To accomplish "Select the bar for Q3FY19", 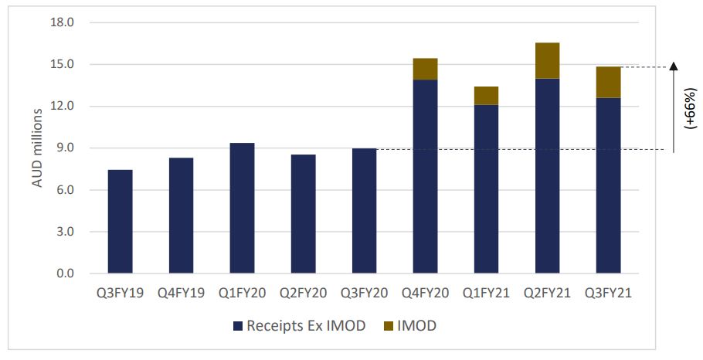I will click(120, 222).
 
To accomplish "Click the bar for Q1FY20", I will click(242, 209).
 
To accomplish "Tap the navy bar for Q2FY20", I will click(303, 214).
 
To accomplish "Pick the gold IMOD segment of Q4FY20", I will click(425, 69).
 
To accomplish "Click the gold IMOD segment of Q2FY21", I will click(547, 60).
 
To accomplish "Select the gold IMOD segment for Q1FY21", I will click(486, 96).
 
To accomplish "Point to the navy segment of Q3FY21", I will click(608, 185).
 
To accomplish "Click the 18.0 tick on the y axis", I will click(63, 22).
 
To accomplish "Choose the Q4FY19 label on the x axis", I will click(181, 294).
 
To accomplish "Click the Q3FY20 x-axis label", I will click(364, 294).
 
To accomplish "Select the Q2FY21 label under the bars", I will click(547, 294).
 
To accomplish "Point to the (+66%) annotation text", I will click(690, 108).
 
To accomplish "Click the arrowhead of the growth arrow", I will click(673, 66).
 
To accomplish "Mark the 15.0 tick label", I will click(63, 64).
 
